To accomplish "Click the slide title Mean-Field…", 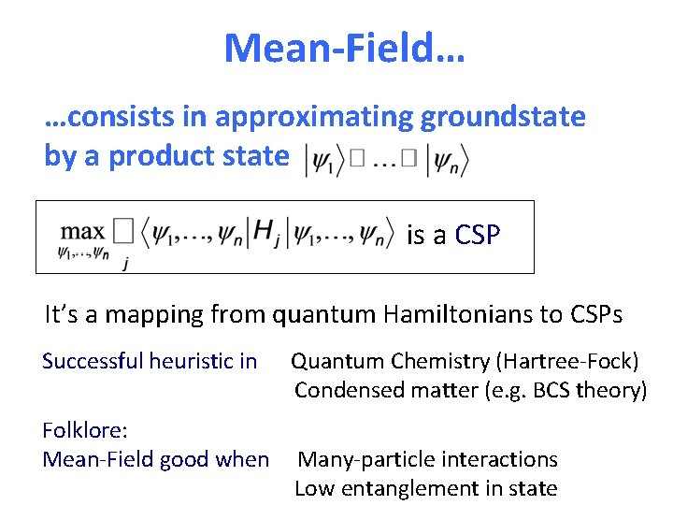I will (x=344, y=47).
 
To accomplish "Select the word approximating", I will (x=316, y=117).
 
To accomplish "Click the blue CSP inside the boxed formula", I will (x=477, y=235).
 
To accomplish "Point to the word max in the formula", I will (x=83, y=230).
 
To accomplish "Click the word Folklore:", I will (x=85, y=430).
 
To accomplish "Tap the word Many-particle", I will (x=365, y=459).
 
